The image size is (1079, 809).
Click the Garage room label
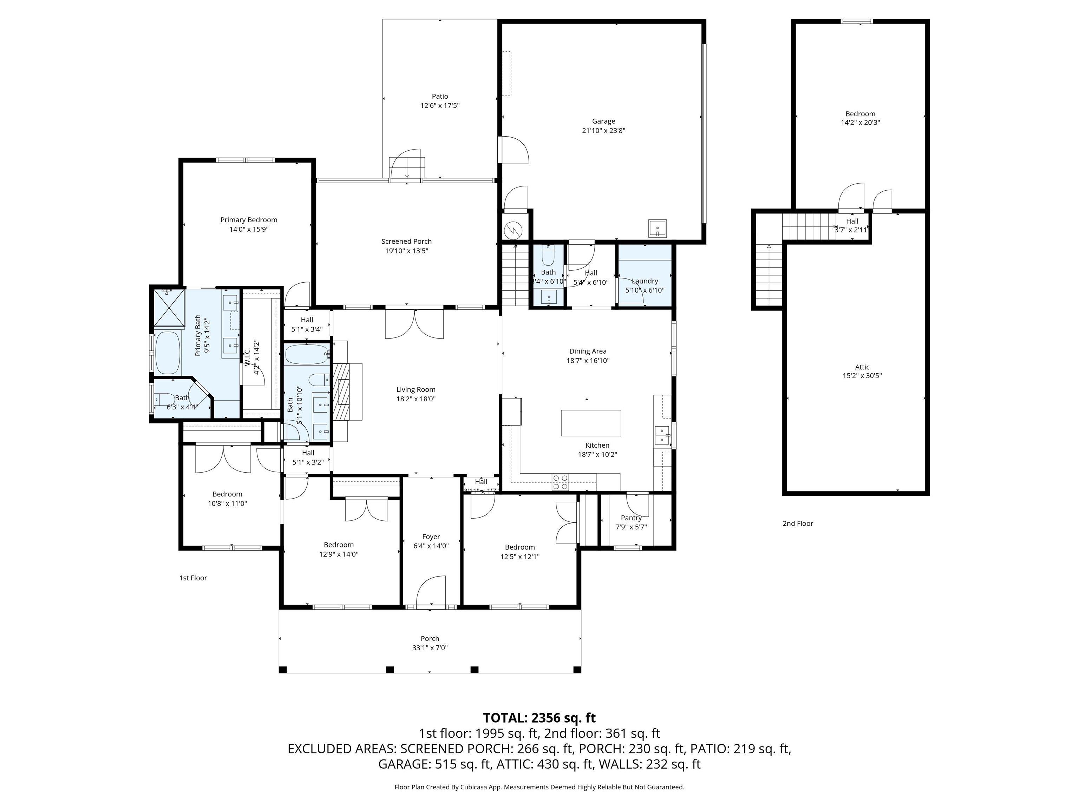603,121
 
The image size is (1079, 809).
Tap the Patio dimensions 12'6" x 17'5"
440,105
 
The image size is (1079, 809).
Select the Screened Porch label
406,241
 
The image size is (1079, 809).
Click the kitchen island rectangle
591,423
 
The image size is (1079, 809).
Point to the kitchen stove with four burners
560,482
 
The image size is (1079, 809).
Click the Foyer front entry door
431,592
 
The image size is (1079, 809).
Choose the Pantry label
631,518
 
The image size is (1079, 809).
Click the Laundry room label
645,281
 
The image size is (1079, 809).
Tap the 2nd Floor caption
798,523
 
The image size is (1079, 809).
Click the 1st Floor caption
193,578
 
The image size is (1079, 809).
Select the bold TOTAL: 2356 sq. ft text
539,718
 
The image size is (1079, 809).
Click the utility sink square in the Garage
658,228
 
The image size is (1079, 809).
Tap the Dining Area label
588,351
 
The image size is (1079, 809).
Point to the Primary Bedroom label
249,220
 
